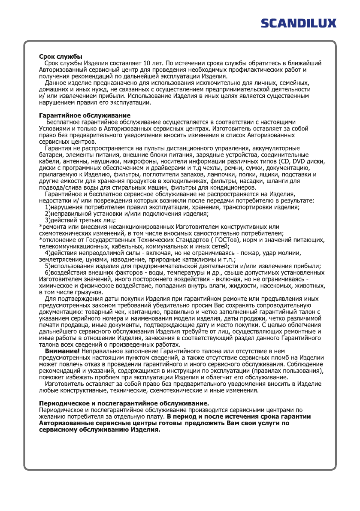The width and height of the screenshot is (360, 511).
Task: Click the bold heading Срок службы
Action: pyautogui.click(x=61, y=57)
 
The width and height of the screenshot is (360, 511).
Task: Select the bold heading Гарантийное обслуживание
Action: pyautogui.click(x=85, y=115)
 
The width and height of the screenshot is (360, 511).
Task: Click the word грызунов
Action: pyautogui.click(x=86, y=292)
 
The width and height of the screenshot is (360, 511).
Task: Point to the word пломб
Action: pyautogui.click(x=269, y=357)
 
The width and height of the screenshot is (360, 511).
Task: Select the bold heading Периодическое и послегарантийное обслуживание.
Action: pyautogui.click(x=124, y=403)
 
